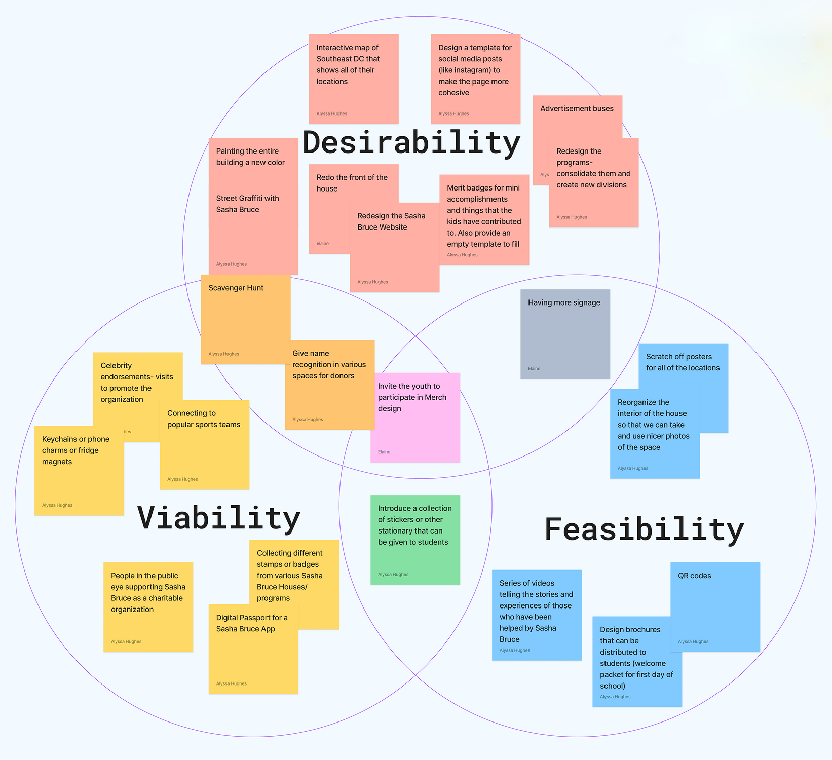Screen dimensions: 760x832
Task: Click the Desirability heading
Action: click(x=411, y=143)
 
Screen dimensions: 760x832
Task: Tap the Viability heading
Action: click(x=219, y=518)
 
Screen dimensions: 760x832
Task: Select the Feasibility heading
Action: click(x=644, y=530)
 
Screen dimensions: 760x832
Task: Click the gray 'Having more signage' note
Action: click(x=565, y=334)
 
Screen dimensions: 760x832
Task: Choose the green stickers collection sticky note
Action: click(x=415, y=540)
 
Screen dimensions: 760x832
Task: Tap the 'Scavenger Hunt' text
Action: click(x=236, y=288)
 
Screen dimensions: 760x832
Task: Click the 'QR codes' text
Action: click(x=694, y=576)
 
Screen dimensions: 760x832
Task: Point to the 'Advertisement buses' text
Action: click(x=577, y=109)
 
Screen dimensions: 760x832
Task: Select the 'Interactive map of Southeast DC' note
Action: click(x=354, y=79)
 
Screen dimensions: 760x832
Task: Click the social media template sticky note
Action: click(x=475, y=79)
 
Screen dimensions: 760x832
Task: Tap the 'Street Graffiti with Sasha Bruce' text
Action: click(x=247, y=204)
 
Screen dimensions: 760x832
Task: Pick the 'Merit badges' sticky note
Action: click(x=484, y=220)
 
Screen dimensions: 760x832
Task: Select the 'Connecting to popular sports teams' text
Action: click(x=204, y=419)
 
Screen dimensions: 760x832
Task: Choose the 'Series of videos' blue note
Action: click(x=536, y=615)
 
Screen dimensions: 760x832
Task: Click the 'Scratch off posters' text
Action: click(x=683, y=362)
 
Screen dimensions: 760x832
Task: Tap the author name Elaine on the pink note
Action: click(x=384, y=452)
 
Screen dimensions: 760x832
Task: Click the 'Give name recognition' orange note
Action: click(x=329, y=385)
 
